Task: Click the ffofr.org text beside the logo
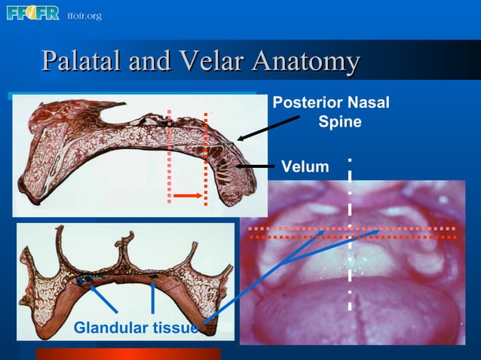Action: click(x=84, y=16)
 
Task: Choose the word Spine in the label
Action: click(x=339, y=121)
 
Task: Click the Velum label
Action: click(x=305, y=166)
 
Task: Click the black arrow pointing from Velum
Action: click(x=256, y=166)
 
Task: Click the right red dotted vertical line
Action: click(x=206, y=158)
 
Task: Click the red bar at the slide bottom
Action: click(x=128, y=354)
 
